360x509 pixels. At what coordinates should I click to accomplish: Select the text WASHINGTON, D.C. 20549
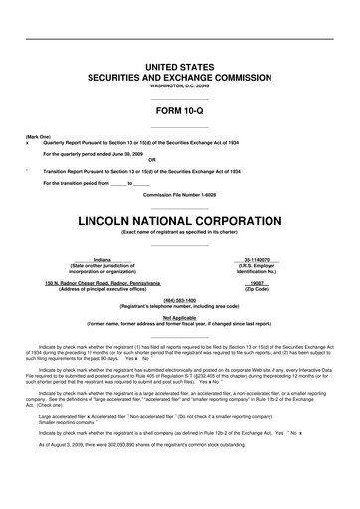pos(180,85)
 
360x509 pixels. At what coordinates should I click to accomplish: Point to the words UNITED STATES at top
pos(180,65)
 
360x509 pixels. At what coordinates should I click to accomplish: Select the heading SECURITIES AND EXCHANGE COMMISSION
pos(180,76)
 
